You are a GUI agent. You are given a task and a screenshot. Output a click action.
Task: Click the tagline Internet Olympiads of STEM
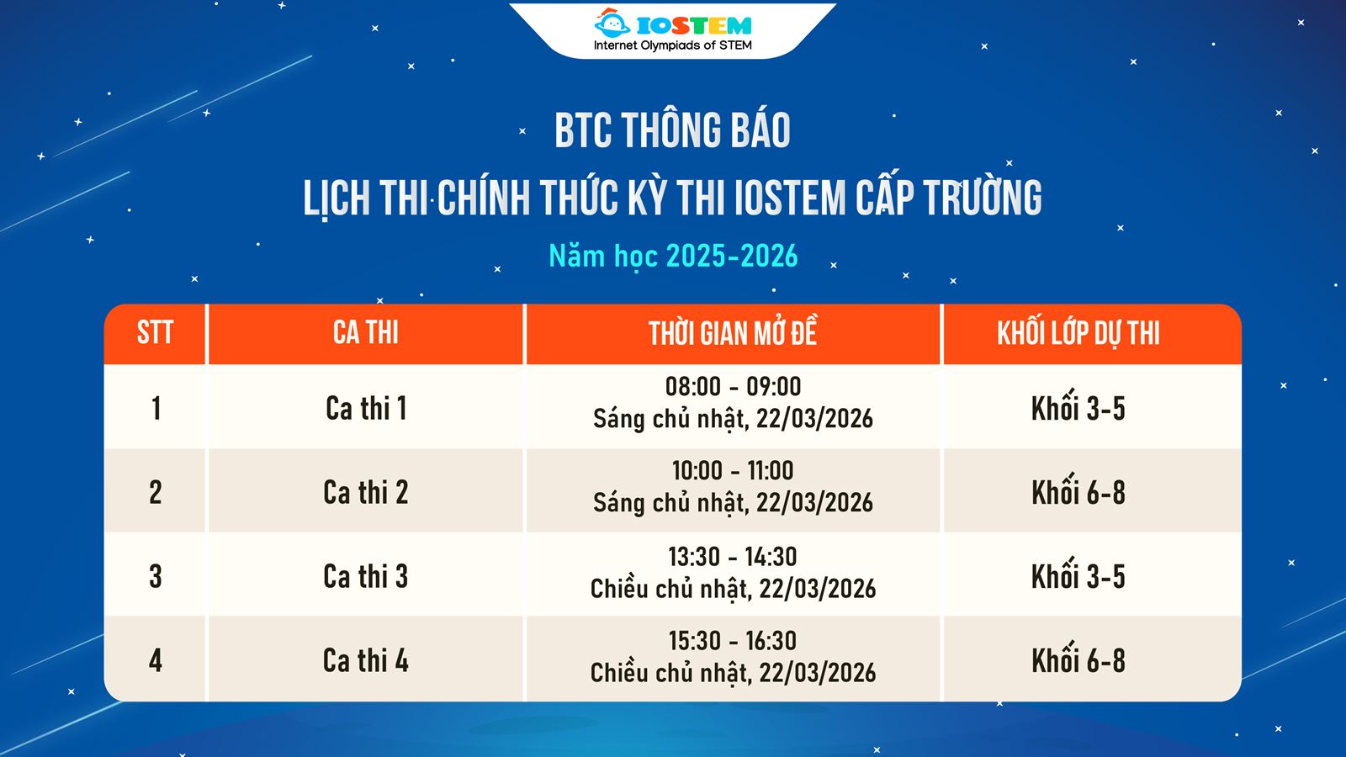[672, 45]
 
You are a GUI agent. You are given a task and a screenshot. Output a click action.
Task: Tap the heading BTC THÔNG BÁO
[672, 131]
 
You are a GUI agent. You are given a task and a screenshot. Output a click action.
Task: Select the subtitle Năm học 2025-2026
[672, 256]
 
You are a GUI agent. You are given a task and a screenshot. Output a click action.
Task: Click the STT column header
[155, 333]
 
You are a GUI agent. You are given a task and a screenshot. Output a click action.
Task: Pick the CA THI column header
[365, 333]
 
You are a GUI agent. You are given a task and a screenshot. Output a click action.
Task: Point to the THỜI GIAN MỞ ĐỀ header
[732, 334]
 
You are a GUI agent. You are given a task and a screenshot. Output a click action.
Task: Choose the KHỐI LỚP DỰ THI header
[1078, 334]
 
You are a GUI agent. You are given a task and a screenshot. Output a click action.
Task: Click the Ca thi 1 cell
[366, 409]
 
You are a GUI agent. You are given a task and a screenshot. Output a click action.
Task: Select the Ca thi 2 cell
[366, 493]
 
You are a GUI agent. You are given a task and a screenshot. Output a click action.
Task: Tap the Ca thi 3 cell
[366, 577]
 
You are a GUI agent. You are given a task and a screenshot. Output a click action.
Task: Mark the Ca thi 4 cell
[366, 661]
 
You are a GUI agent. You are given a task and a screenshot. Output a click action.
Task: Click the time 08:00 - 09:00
[733, 387]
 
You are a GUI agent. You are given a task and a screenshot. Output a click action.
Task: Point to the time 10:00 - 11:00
[733, 470]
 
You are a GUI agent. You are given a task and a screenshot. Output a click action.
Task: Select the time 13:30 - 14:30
[733, 557]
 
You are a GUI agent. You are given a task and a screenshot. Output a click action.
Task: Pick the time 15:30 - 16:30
[733, 641]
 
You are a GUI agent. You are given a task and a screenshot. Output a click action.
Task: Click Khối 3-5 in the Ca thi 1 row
[1078, 409]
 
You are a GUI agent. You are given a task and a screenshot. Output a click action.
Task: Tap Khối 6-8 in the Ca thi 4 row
[1078, 661]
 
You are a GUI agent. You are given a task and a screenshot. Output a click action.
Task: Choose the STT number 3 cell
[156, 577]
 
